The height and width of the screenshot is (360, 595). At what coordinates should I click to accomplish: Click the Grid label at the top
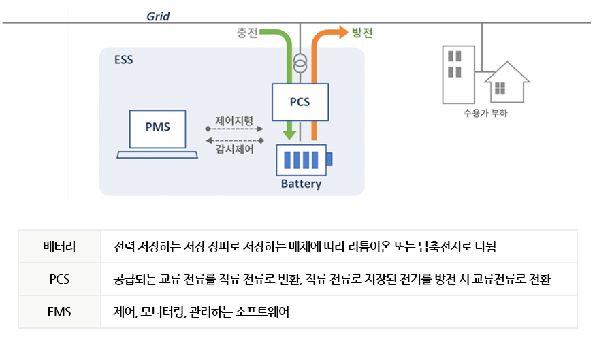pyautogui.click(x=158, y=16)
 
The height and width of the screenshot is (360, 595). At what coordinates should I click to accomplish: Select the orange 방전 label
pyautogui.click(x=361, y=33)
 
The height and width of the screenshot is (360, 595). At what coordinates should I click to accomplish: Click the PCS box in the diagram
pyautogui.click(x=300, y=102)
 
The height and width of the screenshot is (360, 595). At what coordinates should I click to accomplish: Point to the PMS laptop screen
pyautogui.click(x=157, y=127)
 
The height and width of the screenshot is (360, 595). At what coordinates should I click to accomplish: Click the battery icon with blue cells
pyautogui.click(x=300, y=160)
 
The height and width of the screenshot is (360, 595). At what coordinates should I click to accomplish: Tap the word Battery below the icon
pyautogui.click(x=300, y=184)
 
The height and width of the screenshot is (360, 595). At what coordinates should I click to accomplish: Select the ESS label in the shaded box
pyautogui.click(x=123, y=60)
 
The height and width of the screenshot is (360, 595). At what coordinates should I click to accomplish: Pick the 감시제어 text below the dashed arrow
pyautogui.click(x=234, y=150)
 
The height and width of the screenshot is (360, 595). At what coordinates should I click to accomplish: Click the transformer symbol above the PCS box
pyautogui.click(x=300, y=66)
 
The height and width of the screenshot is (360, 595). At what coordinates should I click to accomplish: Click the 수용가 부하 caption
pyautogui.click(x=484, y=114)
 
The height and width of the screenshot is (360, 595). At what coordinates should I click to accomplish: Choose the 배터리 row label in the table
pyautogui.click(x=59, y=246)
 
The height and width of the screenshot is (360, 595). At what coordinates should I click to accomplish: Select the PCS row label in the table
pyautogui.click(x=59, y=279)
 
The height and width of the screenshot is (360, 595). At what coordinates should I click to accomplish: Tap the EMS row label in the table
pyautogui.click(x=59, y=312)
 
